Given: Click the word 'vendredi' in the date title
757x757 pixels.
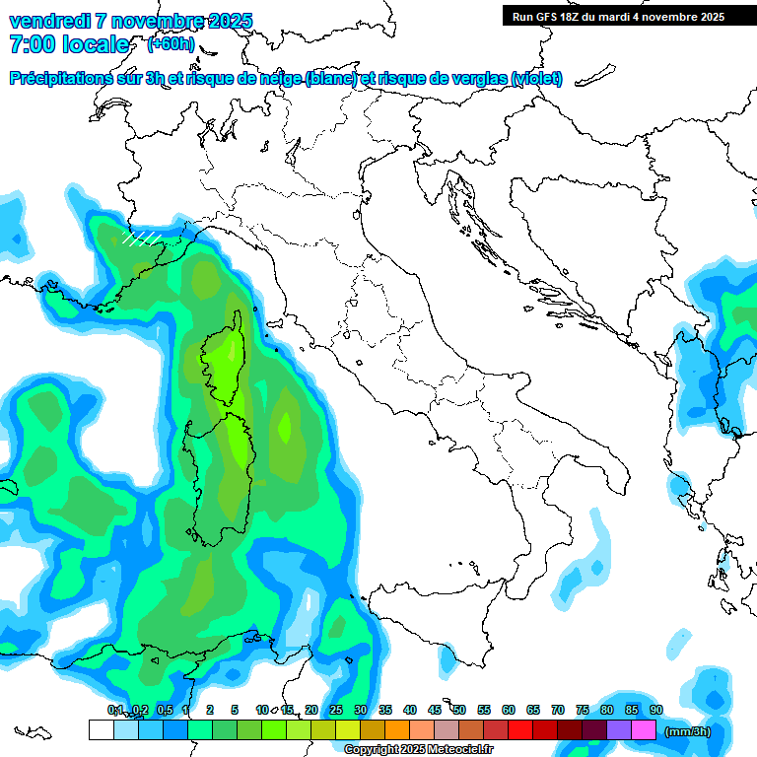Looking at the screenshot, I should pos(48,21).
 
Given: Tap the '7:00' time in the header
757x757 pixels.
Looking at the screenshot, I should pos(31,44).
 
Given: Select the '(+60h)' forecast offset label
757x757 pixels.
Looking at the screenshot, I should pos(171,44).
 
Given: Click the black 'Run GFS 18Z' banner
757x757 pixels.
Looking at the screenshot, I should pos(617,16).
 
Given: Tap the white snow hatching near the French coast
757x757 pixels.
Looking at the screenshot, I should pos(141,238).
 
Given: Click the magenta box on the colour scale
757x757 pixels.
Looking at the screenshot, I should pos(644,729).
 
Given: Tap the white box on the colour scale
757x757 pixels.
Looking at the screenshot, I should pos(101,729).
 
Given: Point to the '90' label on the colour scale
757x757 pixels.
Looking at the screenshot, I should pos(656,710).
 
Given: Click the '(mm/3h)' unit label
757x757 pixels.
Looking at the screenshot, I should pos(687,731).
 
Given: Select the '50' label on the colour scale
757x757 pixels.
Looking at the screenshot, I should pos(459,710).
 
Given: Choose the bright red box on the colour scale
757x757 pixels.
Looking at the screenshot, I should pos(520,729).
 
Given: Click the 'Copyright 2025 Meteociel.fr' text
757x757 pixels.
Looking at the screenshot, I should pos(419,749).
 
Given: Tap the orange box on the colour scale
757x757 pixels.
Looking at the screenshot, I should pos(397,729).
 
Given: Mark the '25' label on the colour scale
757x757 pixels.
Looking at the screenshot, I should pos(336,710).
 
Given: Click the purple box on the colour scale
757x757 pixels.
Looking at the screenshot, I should pos(619,729).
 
